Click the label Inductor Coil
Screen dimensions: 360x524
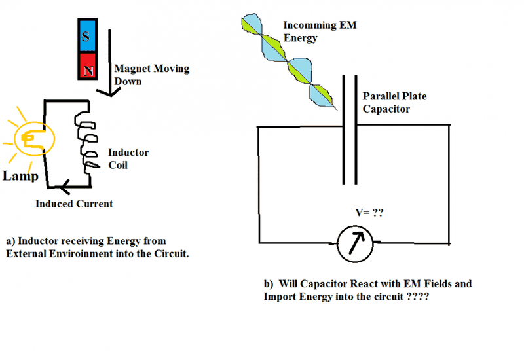pos(128,158)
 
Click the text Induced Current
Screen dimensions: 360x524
pos(74,204)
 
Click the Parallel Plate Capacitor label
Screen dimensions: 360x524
pos(394,102)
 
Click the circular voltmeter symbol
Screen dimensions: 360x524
pos(354,243)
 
